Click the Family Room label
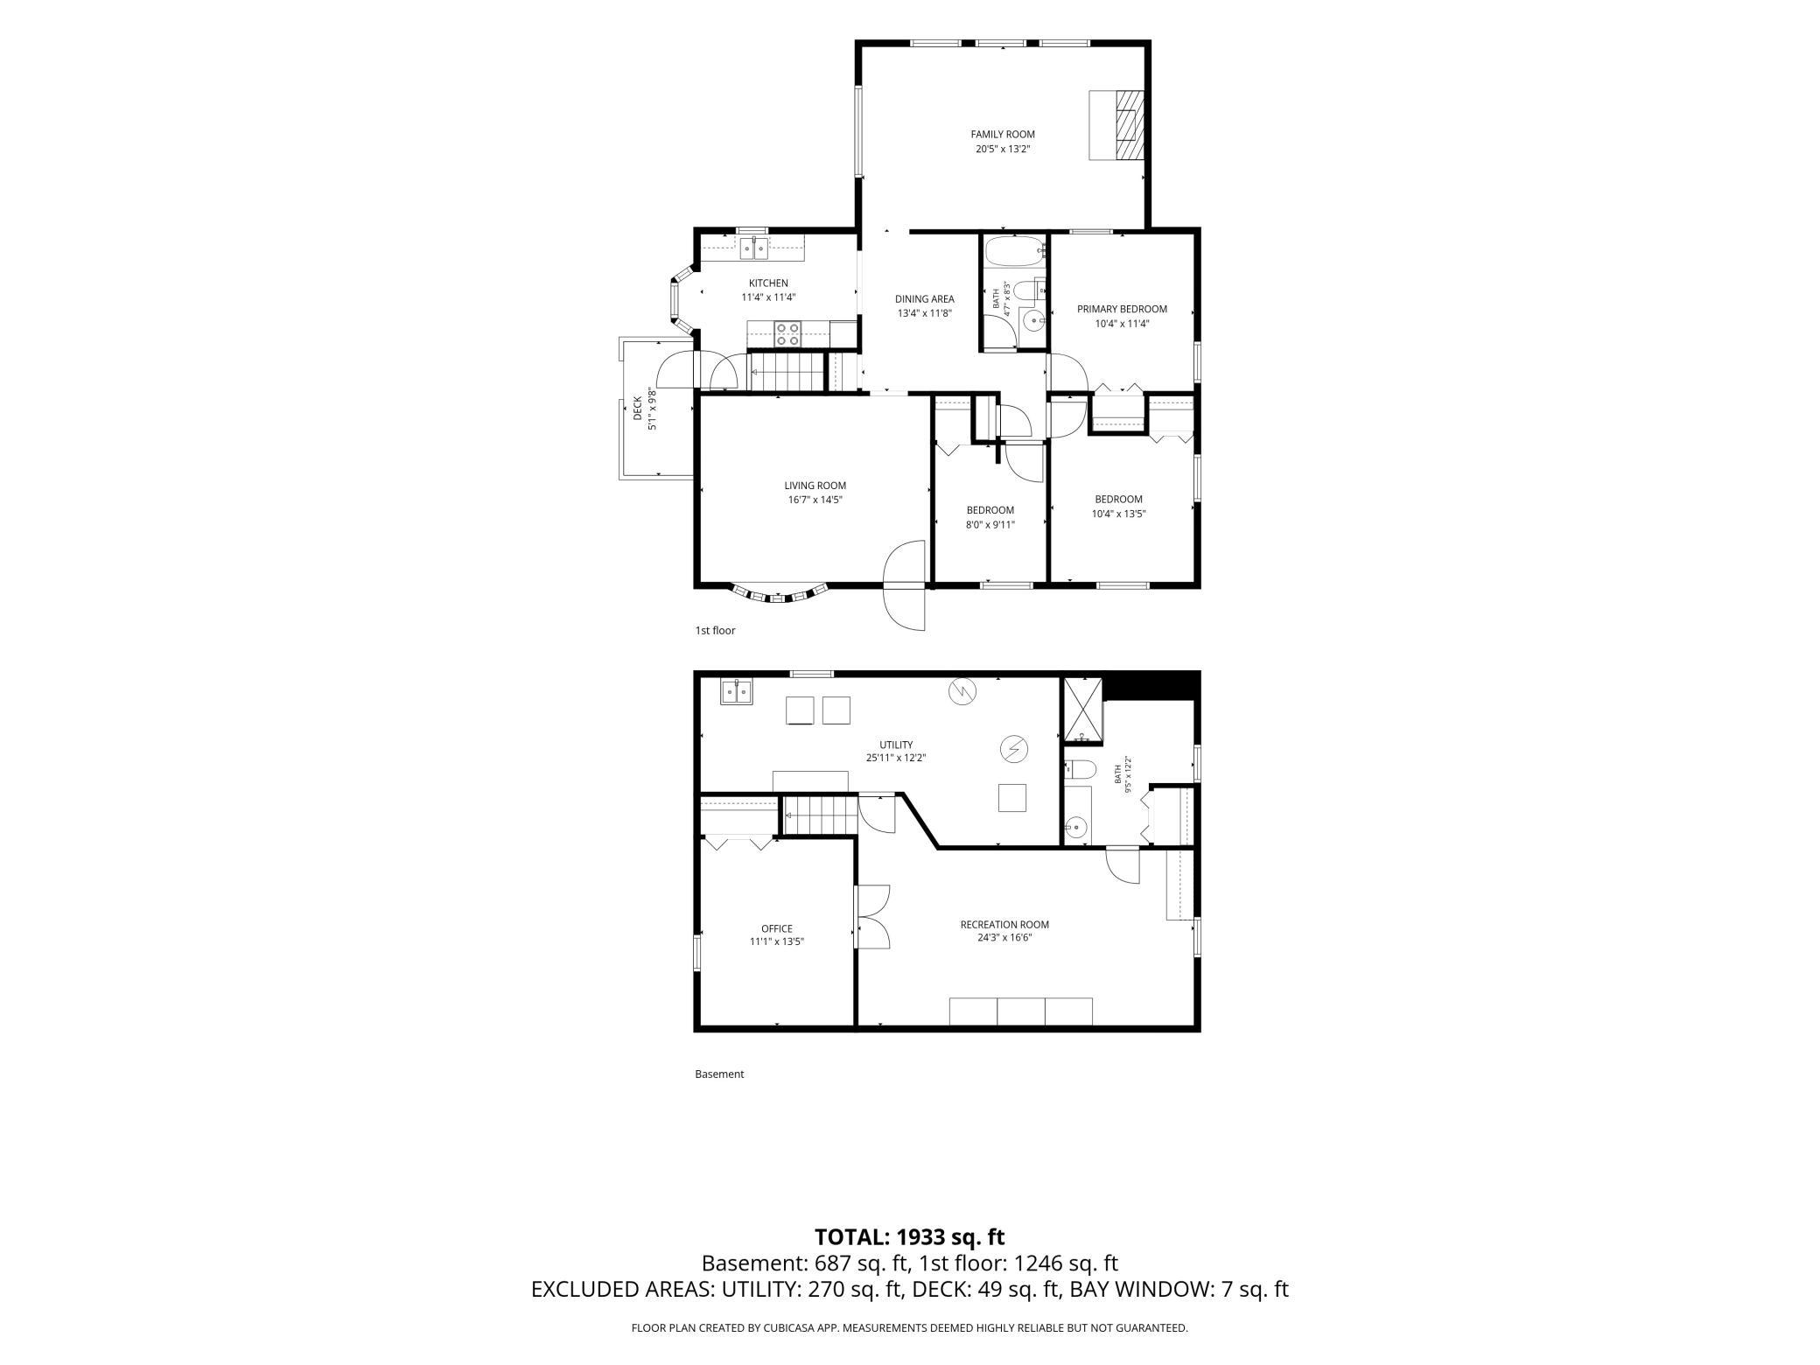tap(1003, 134)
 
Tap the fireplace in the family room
tap(1116, 125)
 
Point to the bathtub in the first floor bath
tap(1015, 251)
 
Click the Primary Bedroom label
tap(1122, 309)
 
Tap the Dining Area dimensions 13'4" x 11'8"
tap(924, 313)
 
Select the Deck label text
tap(638, 409)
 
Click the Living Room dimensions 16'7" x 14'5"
tap(815, 500)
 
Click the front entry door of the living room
tap(905, 584)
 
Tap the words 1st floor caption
tap(715, 630)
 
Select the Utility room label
tap(896, 745)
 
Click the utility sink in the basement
tap(736, 691)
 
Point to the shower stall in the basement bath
tap(1083, 710)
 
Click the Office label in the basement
tap(777, 928)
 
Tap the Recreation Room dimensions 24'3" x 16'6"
tap(1004, 938)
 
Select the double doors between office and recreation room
tap(872, 916)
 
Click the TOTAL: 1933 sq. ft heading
tap(910, 1236)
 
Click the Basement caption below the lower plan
tap(719, 1074)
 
